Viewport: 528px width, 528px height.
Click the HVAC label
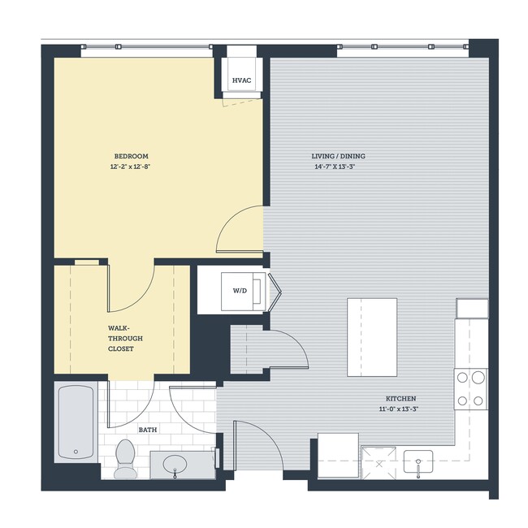coord(240,80)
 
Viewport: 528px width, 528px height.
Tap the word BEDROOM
coord(131,156)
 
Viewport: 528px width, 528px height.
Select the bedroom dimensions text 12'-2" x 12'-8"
coord(131,167)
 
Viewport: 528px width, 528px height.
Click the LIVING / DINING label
coord(334,156)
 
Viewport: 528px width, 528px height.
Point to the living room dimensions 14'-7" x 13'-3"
coord(334,167)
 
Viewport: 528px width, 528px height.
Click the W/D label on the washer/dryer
coord(240,290)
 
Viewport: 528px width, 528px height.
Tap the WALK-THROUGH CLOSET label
coord(120,338)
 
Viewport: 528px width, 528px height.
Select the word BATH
coord(147,429)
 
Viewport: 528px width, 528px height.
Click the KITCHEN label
coord(401,399)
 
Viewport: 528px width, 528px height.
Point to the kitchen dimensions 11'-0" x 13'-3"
coord(401,409)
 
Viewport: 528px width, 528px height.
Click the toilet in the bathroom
coord(125,458)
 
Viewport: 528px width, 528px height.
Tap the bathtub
coord(75,423)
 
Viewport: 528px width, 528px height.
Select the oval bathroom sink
coord(174,466)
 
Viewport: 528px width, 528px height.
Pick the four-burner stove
coord(470,388)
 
